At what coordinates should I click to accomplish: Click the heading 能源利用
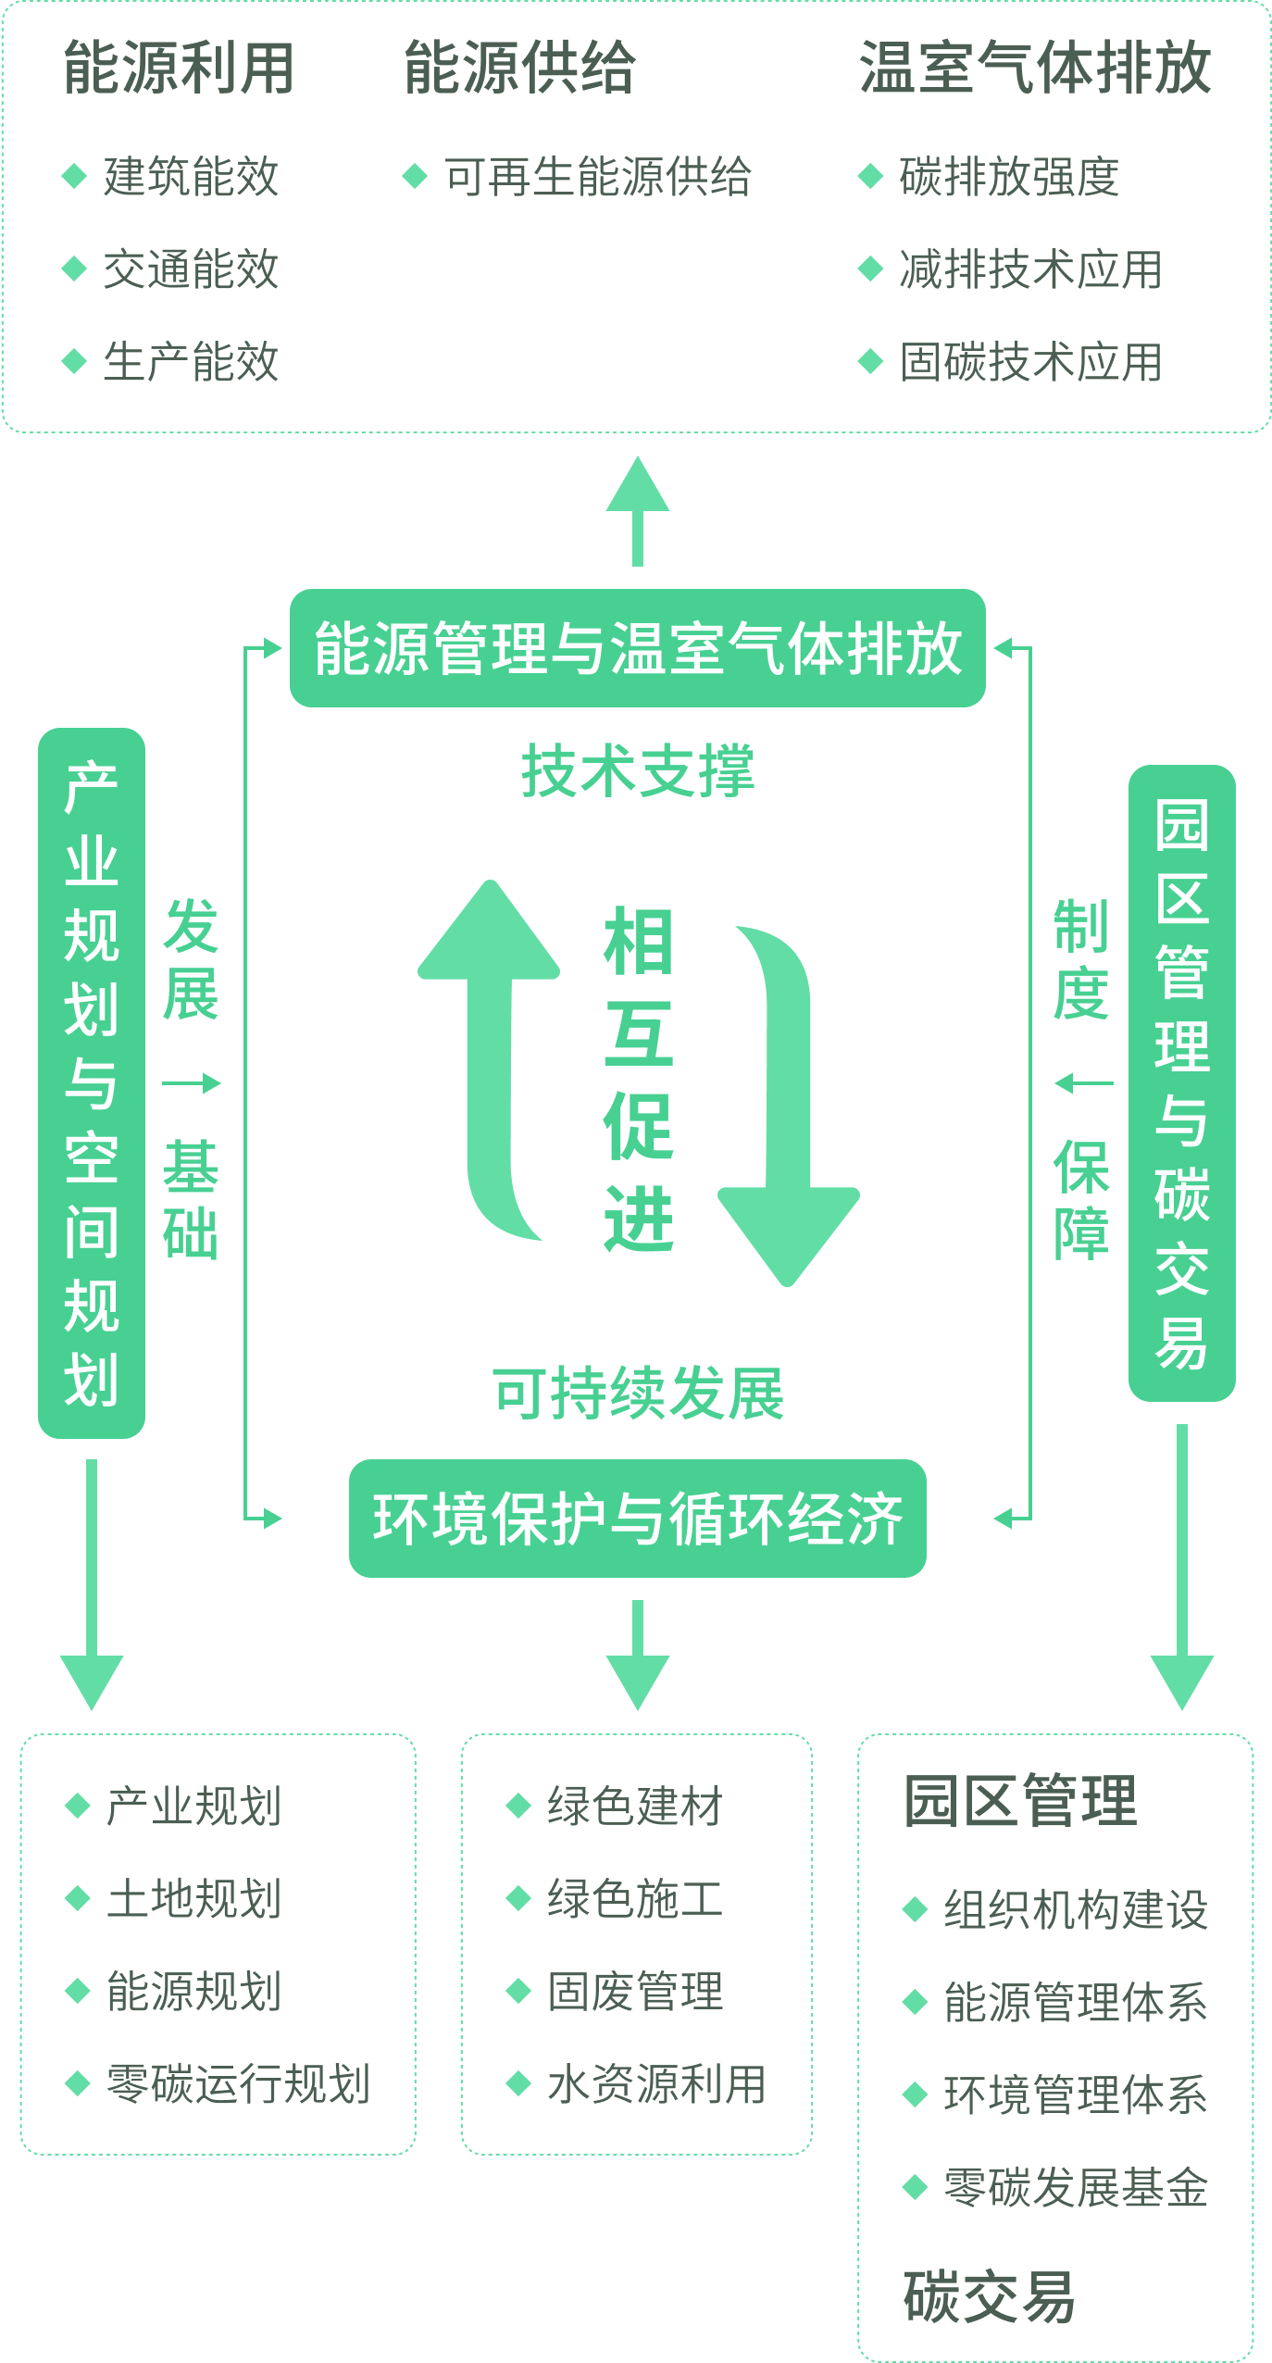pyautogui.click(x=179, y=69)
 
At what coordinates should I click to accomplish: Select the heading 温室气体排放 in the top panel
pyautogui.click(x=1035, y=69)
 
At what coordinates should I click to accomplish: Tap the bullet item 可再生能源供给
pyautogui.click(x=597, y=177)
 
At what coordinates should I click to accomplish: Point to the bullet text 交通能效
pyautogui.click(x=191, y=269)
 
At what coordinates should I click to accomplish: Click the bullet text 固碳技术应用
pyautogui.click(x=1030, y=362)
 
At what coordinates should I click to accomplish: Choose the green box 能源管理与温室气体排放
pyautogui.click(x=637, y=648)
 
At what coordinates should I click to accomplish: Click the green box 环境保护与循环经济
pyautogui.click(x=637, y=1519)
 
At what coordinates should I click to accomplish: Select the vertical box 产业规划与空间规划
pyautogui.click(x=92, y=1082)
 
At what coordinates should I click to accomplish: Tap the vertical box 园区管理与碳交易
pyautogui.click(x=1182, y=1082)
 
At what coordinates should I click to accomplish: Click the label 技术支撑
pyautogui.click(x=637, y=771)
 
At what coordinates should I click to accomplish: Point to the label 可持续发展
pyautogui.click(x=637, y=1394)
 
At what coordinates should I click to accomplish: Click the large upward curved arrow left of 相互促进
pyautogui.click(x=491, y=1046)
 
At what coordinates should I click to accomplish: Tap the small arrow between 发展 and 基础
pyautogui.click(x=192, y=1083)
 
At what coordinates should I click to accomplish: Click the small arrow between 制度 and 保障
pyautogui.click(x=1083, y=1083)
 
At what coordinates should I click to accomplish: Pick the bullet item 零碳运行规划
pyautogui.click(x=238, y=2083)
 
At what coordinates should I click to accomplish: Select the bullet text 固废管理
pyautogui.click(x=635, y=1991)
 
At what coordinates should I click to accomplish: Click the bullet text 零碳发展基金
pyautogui.click(x=1076, y=2187)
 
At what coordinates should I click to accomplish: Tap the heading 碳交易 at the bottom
pyautogui.click(x=989, y=2297)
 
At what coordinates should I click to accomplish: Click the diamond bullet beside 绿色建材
pyautogui.click(x=518, y=1806)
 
